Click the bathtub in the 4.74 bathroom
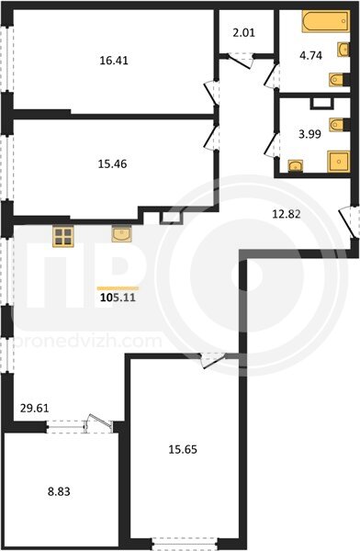click(x=325, y=21)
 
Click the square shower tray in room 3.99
click(x=339, y=162)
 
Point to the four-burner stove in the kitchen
click(x=63, y=237)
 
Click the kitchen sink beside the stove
click(x=121, y=233)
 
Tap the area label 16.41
click(x=114, y=61)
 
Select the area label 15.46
click(x=112, y=163)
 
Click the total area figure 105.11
click(x=118, y=298)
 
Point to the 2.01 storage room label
click(x=243, y=33)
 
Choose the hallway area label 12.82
click(x=287, y=214)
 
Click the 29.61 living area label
click(x=35, y=409)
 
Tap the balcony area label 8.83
click(x=59, y=491)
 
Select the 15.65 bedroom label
click(x=183, y=449)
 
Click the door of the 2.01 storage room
click(x=241, y=61)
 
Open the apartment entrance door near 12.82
click(x=348, y=222)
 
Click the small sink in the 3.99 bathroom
click(x=296, y=166)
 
